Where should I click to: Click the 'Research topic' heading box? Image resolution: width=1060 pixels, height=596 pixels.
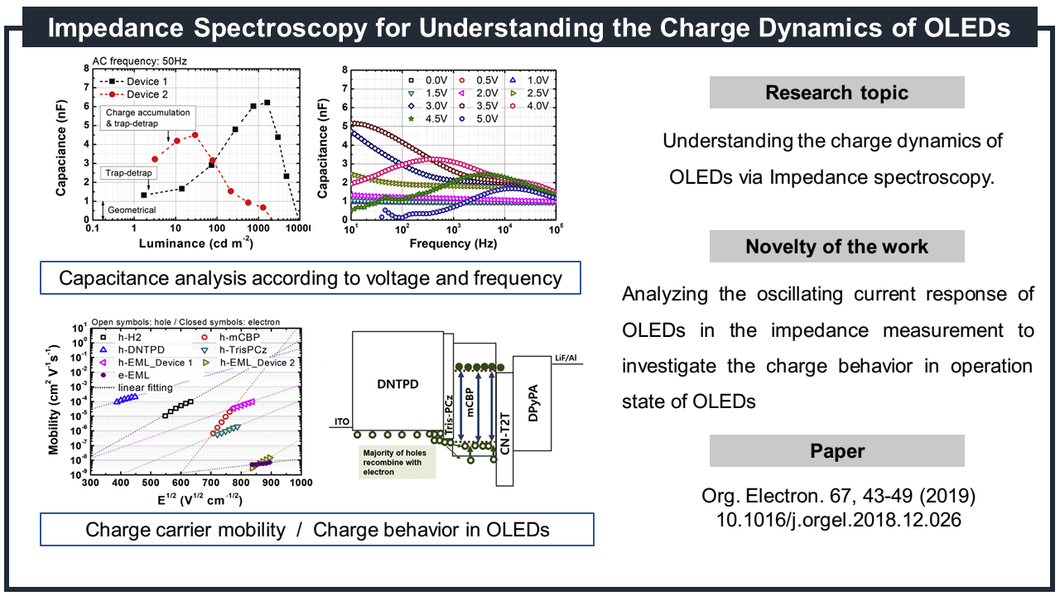[x=836, y=92]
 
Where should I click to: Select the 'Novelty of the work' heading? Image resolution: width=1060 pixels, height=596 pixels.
[x=836, y=247]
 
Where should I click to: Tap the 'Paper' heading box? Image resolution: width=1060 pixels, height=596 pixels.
[x=836, y=451]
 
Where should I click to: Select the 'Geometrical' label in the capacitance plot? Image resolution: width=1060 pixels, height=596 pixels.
[x=131, y=210]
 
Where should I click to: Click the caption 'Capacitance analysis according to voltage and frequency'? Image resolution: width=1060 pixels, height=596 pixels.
[x=310, y=278]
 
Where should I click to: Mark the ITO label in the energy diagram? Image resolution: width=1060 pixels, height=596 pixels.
[x=342, y=422]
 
